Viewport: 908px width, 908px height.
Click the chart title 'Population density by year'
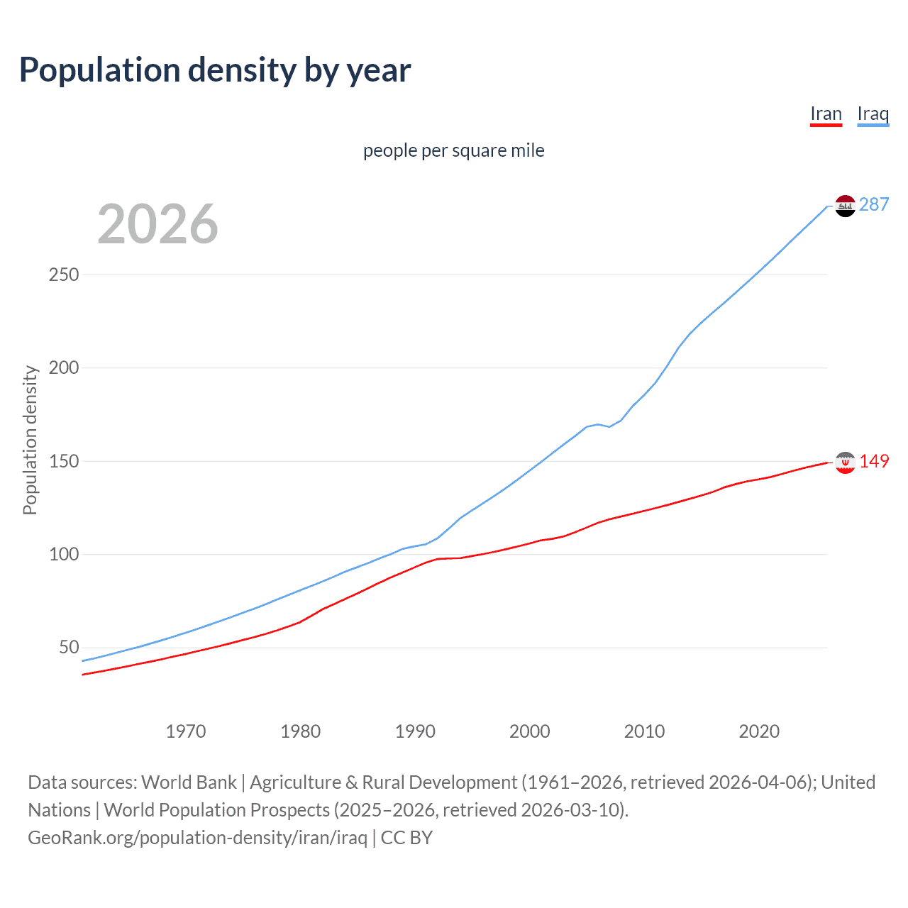(x=215, y=70)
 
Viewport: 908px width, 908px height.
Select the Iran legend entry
(x=826, y=114)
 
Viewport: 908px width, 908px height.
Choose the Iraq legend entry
(x=873, y=114)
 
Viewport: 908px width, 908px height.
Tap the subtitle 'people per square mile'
(x=454, y=151)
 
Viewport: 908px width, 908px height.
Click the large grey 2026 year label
(x=157, y=224)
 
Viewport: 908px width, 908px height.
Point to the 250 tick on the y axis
(x=64, y=275)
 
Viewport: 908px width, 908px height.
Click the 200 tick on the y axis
(x=64, y=367)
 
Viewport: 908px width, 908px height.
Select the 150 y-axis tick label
(x=64, y=461)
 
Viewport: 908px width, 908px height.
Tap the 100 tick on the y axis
(x=64, y=554)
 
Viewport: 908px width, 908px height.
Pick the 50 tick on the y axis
(x=69, y=648)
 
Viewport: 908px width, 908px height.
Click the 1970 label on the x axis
(x=186, y=731)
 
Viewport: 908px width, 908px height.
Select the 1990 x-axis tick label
(x=415, y=731)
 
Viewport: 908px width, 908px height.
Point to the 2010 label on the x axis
(x=644, y=731)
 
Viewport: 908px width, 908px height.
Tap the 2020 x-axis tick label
(x=759, y=731)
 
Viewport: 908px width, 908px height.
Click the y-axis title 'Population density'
(x=30, y=440)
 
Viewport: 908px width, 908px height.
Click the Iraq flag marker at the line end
(x=845, y=206)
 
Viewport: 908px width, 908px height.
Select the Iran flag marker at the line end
(x=845, y=463)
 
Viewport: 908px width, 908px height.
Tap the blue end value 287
(x=874, y=205)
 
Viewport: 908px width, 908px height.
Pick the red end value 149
(x=874, y=462)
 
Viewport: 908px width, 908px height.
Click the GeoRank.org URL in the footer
(x=197, y=838)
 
